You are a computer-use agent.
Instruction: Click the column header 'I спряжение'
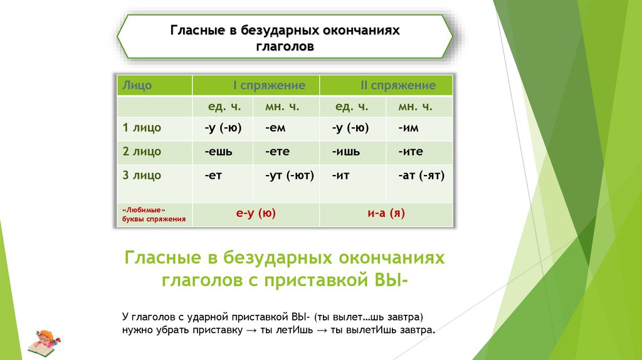pyautogui.click(x=269, y=85)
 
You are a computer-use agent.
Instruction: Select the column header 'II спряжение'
pyautogui.click(x=397, y=85)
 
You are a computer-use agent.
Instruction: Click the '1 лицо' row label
pyautogui.click(x=142, y=128)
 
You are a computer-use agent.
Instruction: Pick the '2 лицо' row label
pyautogui.click(x=142, y=152)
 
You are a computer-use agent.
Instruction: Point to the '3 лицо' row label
pyautogui.click(x=142, y=176)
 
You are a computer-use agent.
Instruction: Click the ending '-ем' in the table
pyautogui.click(x=276, y=128)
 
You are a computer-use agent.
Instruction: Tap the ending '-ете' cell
pyautogui.click(x=276, y=152)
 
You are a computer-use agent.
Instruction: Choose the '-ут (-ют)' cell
pyautogui.click(x=289, y=176)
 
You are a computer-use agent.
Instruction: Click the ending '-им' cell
pyautogui.click(x=408, y=128)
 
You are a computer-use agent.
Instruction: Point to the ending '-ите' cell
pyautogui.click(x=410, y=152)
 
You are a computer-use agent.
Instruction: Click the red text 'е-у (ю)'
pyautogui.click(x=256, y=214)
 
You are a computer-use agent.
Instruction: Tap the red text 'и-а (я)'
pyautogui.click(x=386, y=214)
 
